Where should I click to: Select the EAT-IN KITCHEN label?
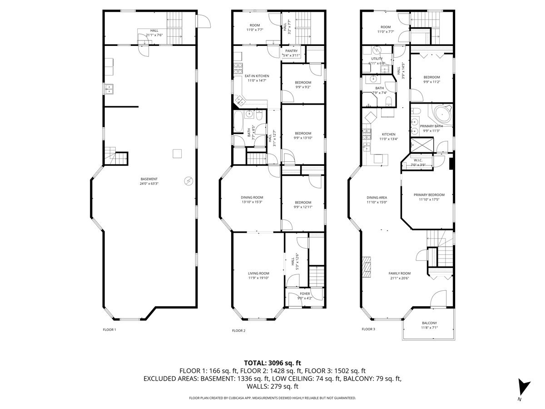tap(257, 76)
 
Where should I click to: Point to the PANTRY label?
tap(291, 51)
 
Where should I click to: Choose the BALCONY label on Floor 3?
tap(429, 323)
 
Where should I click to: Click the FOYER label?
tap(304, 294)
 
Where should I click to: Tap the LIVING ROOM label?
tap(258, 273)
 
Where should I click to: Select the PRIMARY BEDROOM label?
tap(429, 195)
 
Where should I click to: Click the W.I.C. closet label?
tap(417, 160)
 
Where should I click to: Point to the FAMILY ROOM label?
tap(399, 273)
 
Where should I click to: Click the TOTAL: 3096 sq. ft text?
tap(272, 363)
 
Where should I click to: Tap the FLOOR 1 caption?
tap(109, 329)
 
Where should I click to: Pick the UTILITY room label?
tap(377, 59)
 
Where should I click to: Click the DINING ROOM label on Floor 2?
tap(252, 197)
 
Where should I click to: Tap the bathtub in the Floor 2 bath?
tap(238, 122)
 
